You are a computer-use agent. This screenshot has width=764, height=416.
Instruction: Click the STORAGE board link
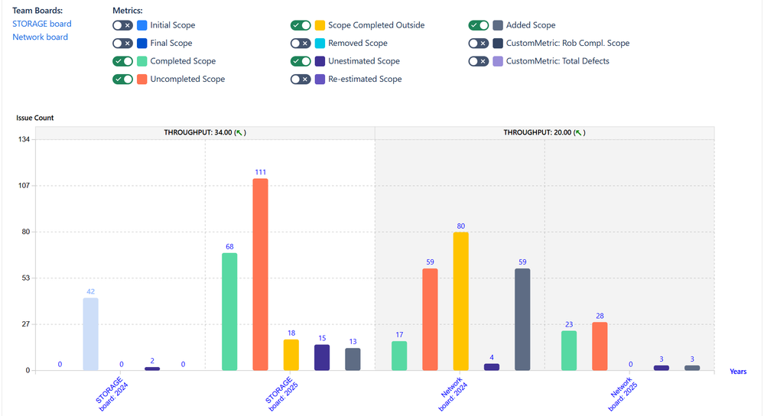41,24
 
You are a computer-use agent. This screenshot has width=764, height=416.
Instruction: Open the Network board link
40,37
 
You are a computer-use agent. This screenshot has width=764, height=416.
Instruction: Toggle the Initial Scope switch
122,25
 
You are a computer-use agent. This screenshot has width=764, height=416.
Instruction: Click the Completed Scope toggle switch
122,61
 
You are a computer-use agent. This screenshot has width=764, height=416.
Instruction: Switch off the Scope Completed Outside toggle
301,25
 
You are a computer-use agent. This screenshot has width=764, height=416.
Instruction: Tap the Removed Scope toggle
301,44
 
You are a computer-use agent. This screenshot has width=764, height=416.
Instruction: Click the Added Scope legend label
531,25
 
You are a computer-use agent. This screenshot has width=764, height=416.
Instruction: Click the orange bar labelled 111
261,275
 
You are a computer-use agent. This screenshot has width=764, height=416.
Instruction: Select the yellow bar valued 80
460,301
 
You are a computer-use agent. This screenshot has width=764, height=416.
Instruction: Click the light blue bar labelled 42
90,334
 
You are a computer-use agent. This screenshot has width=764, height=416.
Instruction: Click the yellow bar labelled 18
291,355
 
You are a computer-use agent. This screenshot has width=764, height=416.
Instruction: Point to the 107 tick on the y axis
24,186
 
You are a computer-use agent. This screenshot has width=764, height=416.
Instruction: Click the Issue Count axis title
35,118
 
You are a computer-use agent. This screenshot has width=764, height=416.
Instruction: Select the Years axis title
738,372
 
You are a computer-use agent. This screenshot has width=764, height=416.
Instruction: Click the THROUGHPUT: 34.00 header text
205,132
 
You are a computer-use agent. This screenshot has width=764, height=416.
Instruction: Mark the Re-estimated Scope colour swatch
320,79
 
